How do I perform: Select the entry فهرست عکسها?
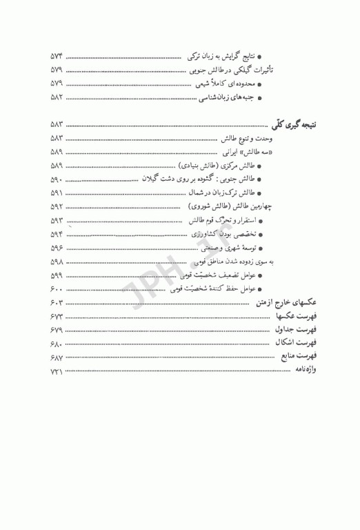click(297, 315)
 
